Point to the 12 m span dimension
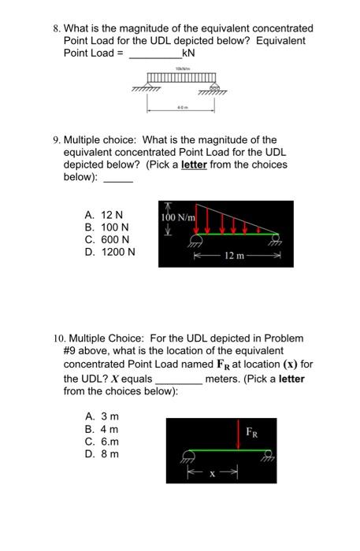click(x=234, y=256)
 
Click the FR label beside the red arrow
click(x=251, y=432)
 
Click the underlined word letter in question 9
click(x=195, y=165)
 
